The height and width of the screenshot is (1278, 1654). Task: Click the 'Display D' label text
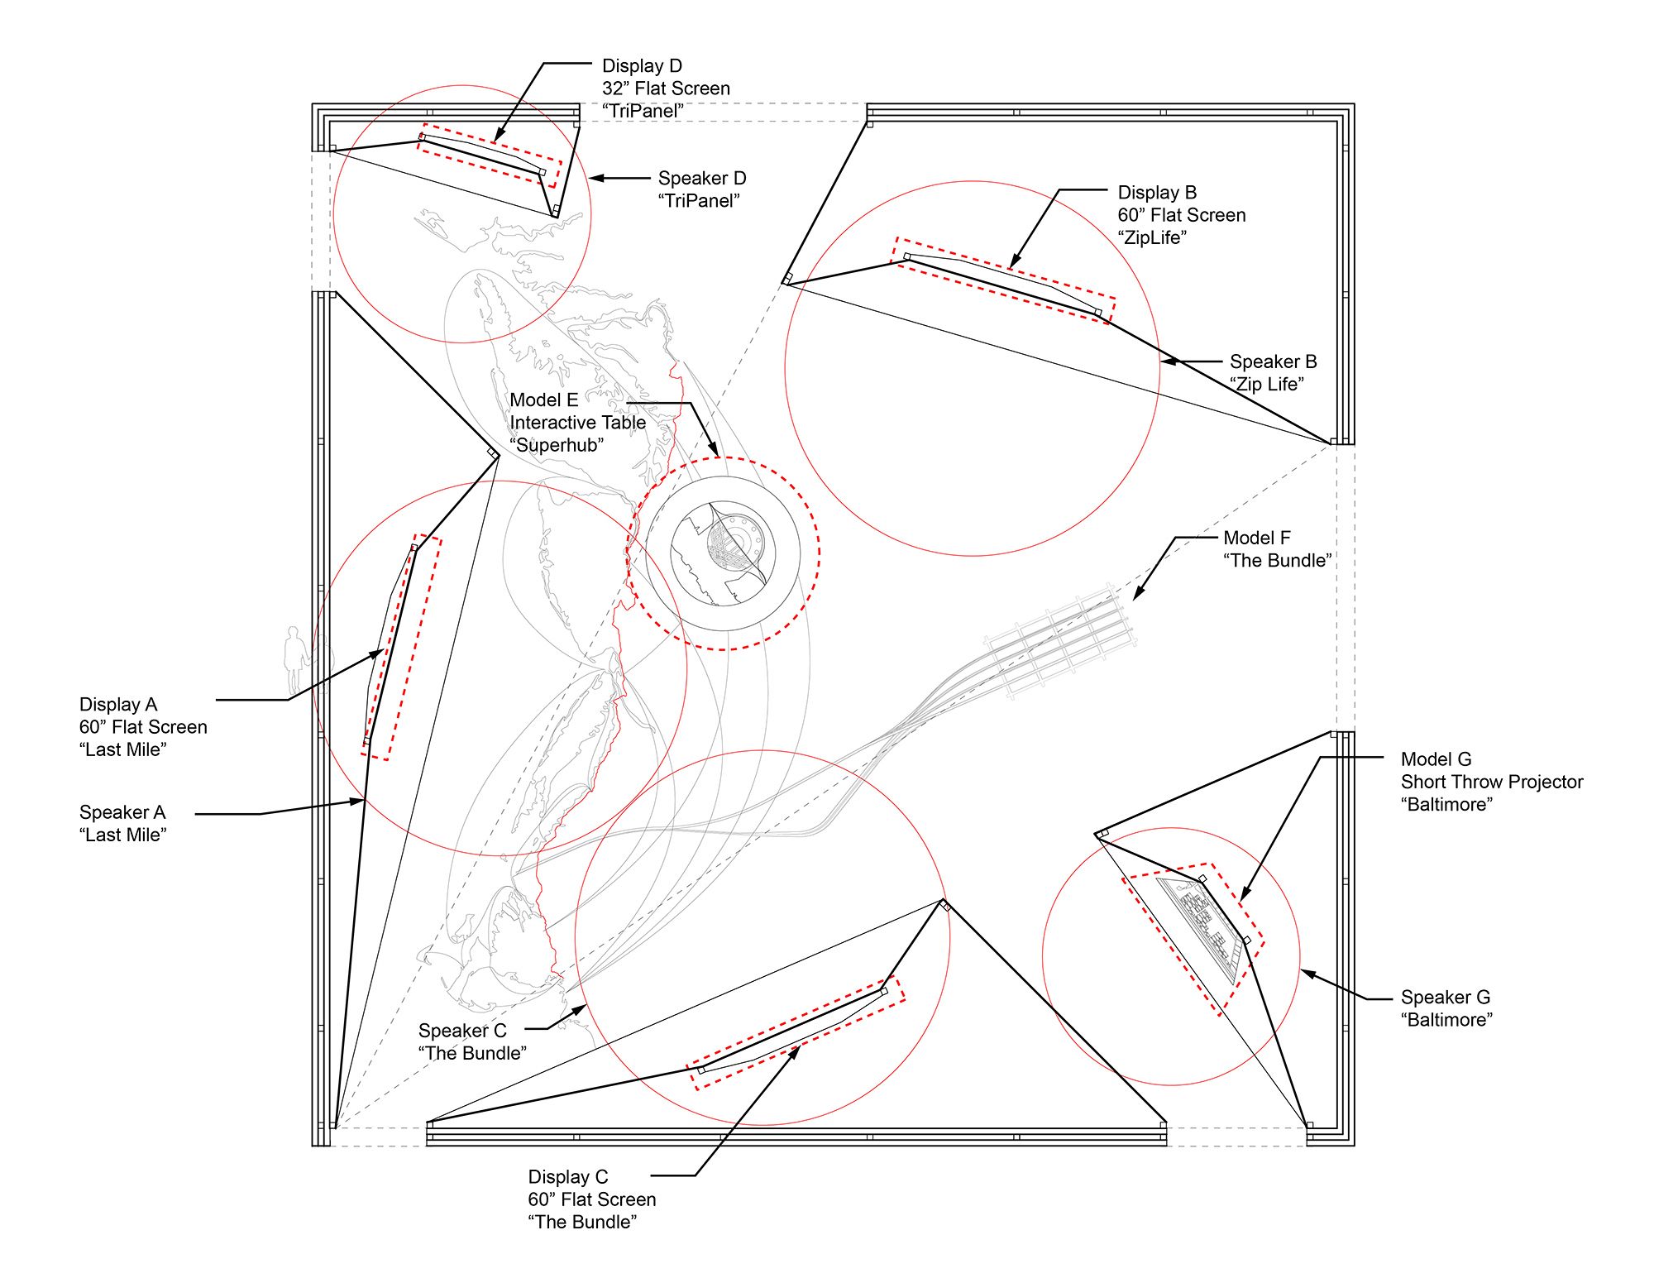point(642,66)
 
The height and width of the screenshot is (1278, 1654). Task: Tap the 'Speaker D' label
point(701,179)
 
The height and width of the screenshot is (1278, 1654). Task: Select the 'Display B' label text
point(1157,193)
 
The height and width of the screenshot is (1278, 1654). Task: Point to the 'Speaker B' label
point(1273,362)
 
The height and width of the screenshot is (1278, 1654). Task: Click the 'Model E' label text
point(543,400)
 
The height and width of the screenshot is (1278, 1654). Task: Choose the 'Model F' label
point(1256,538)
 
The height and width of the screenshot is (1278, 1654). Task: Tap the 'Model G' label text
point(1436,759)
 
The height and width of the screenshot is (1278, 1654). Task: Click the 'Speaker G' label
point(1445,998)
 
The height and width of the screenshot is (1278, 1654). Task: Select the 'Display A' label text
point(117,705)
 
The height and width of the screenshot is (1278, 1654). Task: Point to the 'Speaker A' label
point(122,812)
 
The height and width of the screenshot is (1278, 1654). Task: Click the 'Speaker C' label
point(461,1031)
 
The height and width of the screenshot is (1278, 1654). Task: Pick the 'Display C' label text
point(567,1177)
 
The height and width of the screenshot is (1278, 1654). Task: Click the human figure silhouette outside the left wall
point(294,659)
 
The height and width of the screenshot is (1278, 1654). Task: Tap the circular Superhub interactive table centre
point(723,553)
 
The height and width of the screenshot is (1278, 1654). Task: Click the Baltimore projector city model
point(1200,927)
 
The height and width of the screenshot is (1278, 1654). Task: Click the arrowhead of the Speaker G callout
point(1304,973)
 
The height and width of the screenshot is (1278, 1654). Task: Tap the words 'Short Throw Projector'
point(1491,783)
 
